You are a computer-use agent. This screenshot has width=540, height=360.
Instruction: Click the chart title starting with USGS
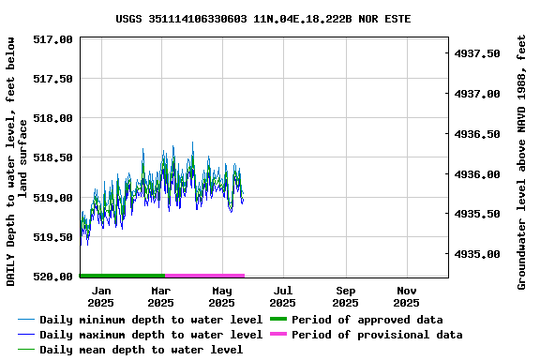[x=263, y=19]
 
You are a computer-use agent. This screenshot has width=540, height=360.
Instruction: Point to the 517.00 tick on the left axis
[x=54, y=39]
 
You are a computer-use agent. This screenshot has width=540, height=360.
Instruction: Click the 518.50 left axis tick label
[x=54, y=158]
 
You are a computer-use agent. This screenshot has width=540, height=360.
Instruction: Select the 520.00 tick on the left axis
[x=54, y=277]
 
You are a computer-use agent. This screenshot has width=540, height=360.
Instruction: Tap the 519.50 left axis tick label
[x=54, y=237]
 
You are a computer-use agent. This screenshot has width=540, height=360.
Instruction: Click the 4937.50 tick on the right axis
[x=478, y=53]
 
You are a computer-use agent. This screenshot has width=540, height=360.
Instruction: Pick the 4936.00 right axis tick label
[x=478, y=174]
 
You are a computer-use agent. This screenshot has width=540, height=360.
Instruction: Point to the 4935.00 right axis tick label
[x=478, y=254]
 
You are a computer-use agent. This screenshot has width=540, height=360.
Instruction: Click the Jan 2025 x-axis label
[x=100, y=296]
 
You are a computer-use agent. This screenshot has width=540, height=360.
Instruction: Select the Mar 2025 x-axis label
[x=161, y=296]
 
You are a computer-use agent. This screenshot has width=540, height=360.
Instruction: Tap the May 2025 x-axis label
[x=222, y=296]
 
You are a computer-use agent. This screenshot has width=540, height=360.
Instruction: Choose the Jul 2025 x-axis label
[x=283, y=296]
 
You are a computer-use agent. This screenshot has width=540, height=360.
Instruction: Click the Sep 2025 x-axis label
[x=345, y=296]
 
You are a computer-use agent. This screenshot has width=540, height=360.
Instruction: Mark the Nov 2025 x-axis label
[x=406, y=296]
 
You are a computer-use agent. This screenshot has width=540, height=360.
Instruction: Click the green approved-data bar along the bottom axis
[x=122, y=276]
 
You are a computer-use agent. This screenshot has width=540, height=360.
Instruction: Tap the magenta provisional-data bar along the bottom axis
[x=204, y=276]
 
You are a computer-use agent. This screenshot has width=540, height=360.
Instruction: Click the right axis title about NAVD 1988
[x=522, y=162]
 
